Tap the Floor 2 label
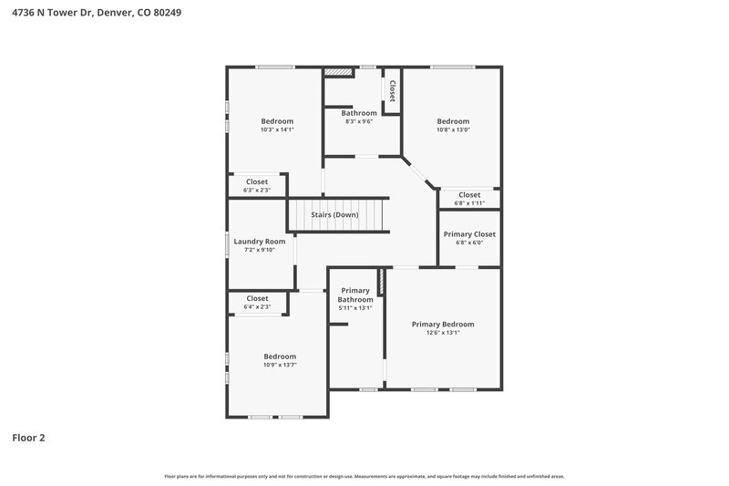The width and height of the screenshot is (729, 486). (x=28, y=438)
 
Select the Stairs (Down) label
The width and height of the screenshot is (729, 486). (x=335, y=214)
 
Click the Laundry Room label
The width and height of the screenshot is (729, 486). (x=260, y=242)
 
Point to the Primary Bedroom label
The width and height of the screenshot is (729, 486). (x=443, y=324)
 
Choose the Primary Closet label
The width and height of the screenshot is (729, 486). (x=469, y=234)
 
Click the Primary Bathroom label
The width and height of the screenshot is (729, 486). (x=355, y=295)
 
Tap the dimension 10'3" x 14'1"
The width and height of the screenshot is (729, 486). (x=277, y=129)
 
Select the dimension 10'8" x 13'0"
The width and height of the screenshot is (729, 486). (x=453, y=129)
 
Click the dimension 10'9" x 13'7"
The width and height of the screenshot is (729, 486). (x=280, y=365)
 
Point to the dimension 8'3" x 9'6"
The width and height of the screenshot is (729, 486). (x=359, y=121)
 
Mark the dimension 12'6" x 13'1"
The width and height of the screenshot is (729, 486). (x=443, y=333)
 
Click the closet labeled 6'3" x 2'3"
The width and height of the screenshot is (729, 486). (x=257, y=190)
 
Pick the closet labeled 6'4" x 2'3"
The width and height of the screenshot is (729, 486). (x=257, y=306)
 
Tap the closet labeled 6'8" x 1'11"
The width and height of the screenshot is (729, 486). (x=469, y=202)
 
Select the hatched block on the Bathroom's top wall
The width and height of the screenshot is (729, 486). (x=338, y=70)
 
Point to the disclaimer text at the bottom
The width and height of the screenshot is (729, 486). (x=364, y=476)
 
